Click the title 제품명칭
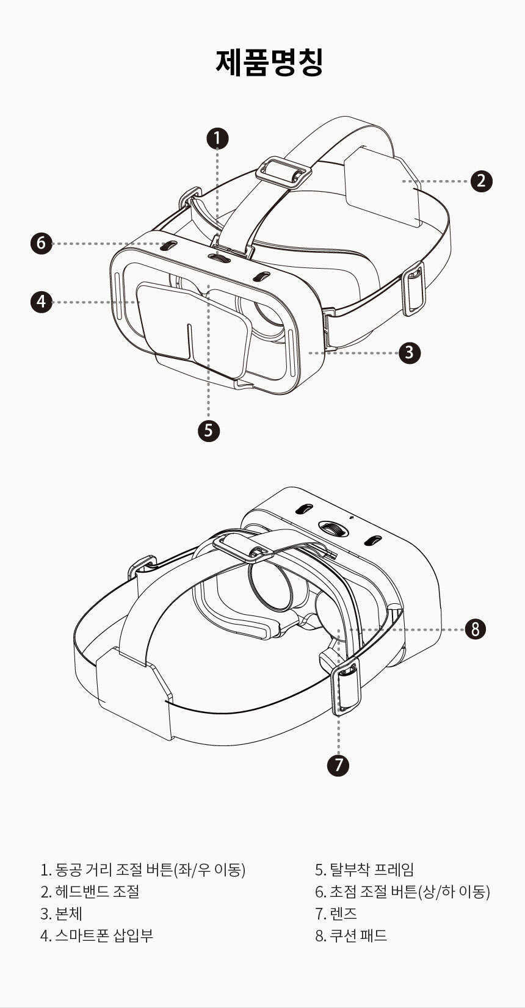click(269, 62)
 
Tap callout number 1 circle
click(217, 138)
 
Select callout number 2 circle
click(482, 181)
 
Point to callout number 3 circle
click(410, 352)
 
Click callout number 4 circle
click(42, 302)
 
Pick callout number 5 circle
click(209, 430)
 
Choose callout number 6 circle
click(42, 243)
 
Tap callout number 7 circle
click(338, 764)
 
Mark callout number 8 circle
click(475, 629)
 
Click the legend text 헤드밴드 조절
click(96, 891)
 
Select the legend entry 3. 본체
click(61, 913)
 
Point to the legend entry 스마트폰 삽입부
click(104, 935)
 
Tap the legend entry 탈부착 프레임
click(372, 869)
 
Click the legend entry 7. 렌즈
click(336, 913)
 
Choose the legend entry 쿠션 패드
click(358, 935)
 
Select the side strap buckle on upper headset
click(414, 288)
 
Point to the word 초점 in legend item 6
click(343, 891)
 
